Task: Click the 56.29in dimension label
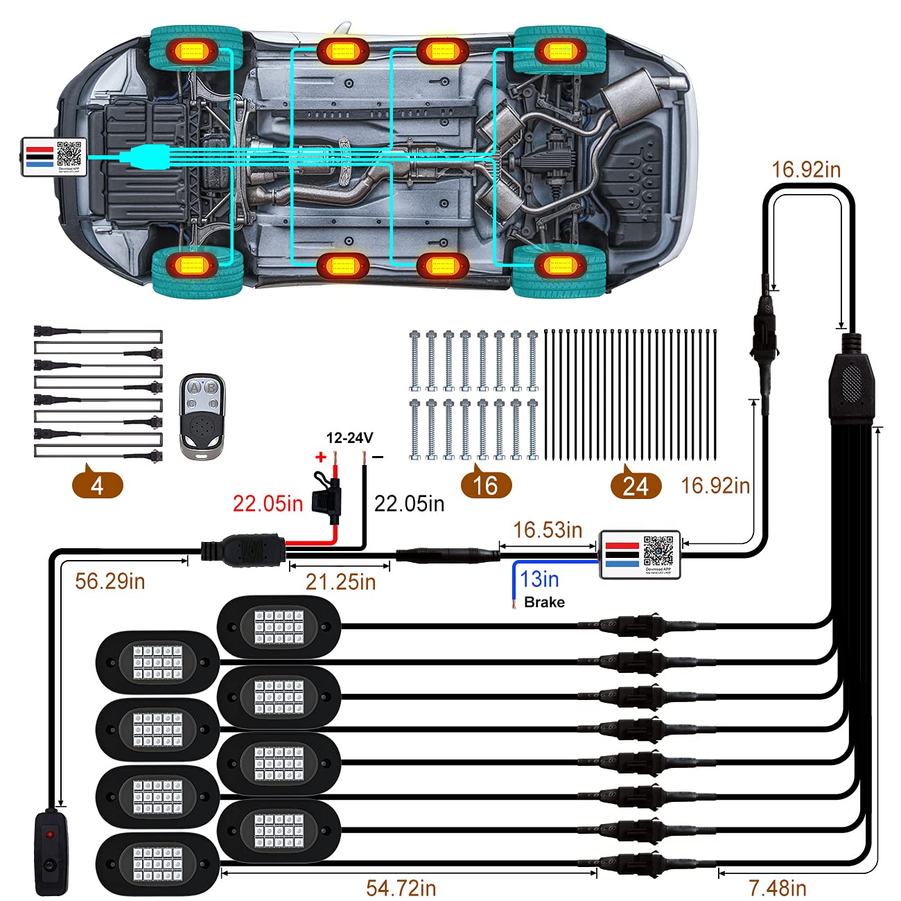point(110,581)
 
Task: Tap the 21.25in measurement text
point(340,581)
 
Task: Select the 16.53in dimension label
point(548,530)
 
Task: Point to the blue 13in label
point(539,579)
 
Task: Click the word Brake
point(544,602)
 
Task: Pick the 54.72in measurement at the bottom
point(401,887)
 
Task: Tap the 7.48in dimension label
point(778,887)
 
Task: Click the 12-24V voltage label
point(350,438)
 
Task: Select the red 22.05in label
point(268,503)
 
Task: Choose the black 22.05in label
point(409,503)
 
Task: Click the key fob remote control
point(202,417)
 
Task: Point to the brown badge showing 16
point(486,485)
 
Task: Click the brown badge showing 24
point(636,486)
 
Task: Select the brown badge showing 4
point(97,485)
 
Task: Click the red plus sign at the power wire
point(320,457)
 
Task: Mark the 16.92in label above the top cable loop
point(806,169)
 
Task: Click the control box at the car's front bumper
point(54,157)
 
